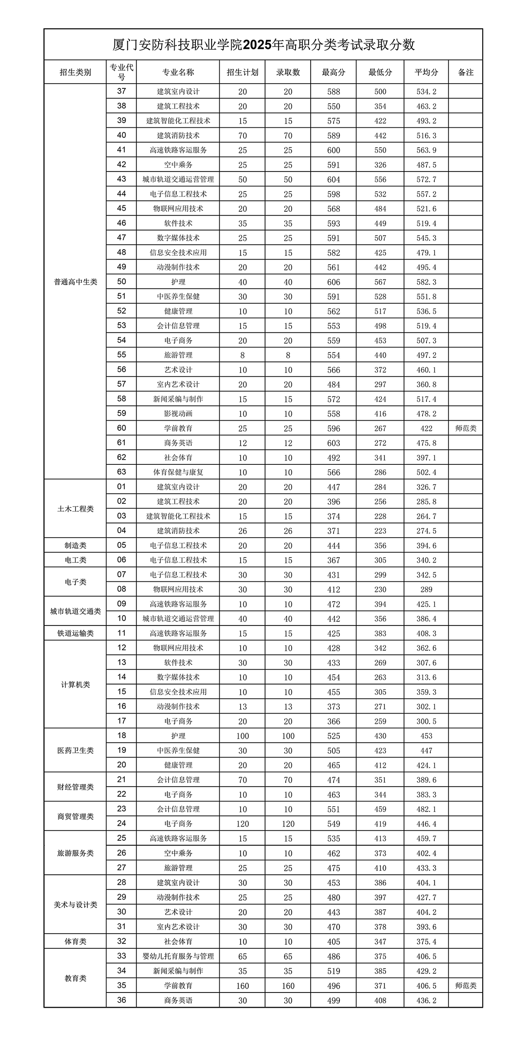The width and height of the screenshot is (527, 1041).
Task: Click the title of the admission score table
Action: click(263, 45)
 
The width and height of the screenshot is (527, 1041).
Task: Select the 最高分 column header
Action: click(333, 72)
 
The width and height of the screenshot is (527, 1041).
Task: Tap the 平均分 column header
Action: click(426, 72)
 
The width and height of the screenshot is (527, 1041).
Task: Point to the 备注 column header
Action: click(465, 72)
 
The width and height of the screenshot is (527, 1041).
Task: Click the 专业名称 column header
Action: click(178, 72)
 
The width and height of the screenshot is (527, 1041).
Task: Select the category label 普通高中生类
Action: click(75, 282)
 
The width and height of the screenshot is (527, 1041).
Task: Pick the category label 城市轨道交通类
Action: click(75, 611)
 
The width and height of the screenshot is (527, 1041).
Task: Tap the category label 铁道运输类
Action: click(75, 633)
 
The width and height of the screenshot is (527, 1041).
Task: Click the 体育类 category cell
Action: click(75, 941)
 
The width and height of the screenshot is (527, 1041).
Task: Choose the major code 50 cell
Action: click(121, 282)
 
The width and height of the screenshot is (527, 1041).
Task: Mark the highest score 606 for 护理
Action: click(333, 282)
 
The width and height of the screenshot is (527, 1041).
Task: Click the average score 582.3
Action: click(426, 282)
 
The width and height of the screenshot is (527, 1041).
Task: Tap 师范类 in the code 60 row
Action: click(465, 428)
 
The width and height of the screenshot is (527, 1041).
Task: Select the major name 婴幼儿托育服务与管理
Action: click(178, 956)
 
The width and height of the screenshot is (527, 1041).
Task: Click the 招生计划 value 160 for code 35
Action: click(242, 986)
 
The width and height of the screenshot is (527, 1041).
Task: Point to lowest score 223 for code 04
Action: click(380, 531)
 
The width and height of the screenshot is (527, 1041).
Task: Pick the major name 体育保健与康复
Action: click(178, 472)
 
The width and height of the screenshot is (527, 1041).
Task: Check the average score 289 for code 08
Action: click(426, 589)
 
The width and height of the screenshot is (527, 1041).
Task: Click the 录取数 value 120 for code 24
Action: click(288, 824)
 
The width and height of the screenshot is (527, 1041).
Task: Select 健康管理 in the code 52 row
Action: click(178, 311)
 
